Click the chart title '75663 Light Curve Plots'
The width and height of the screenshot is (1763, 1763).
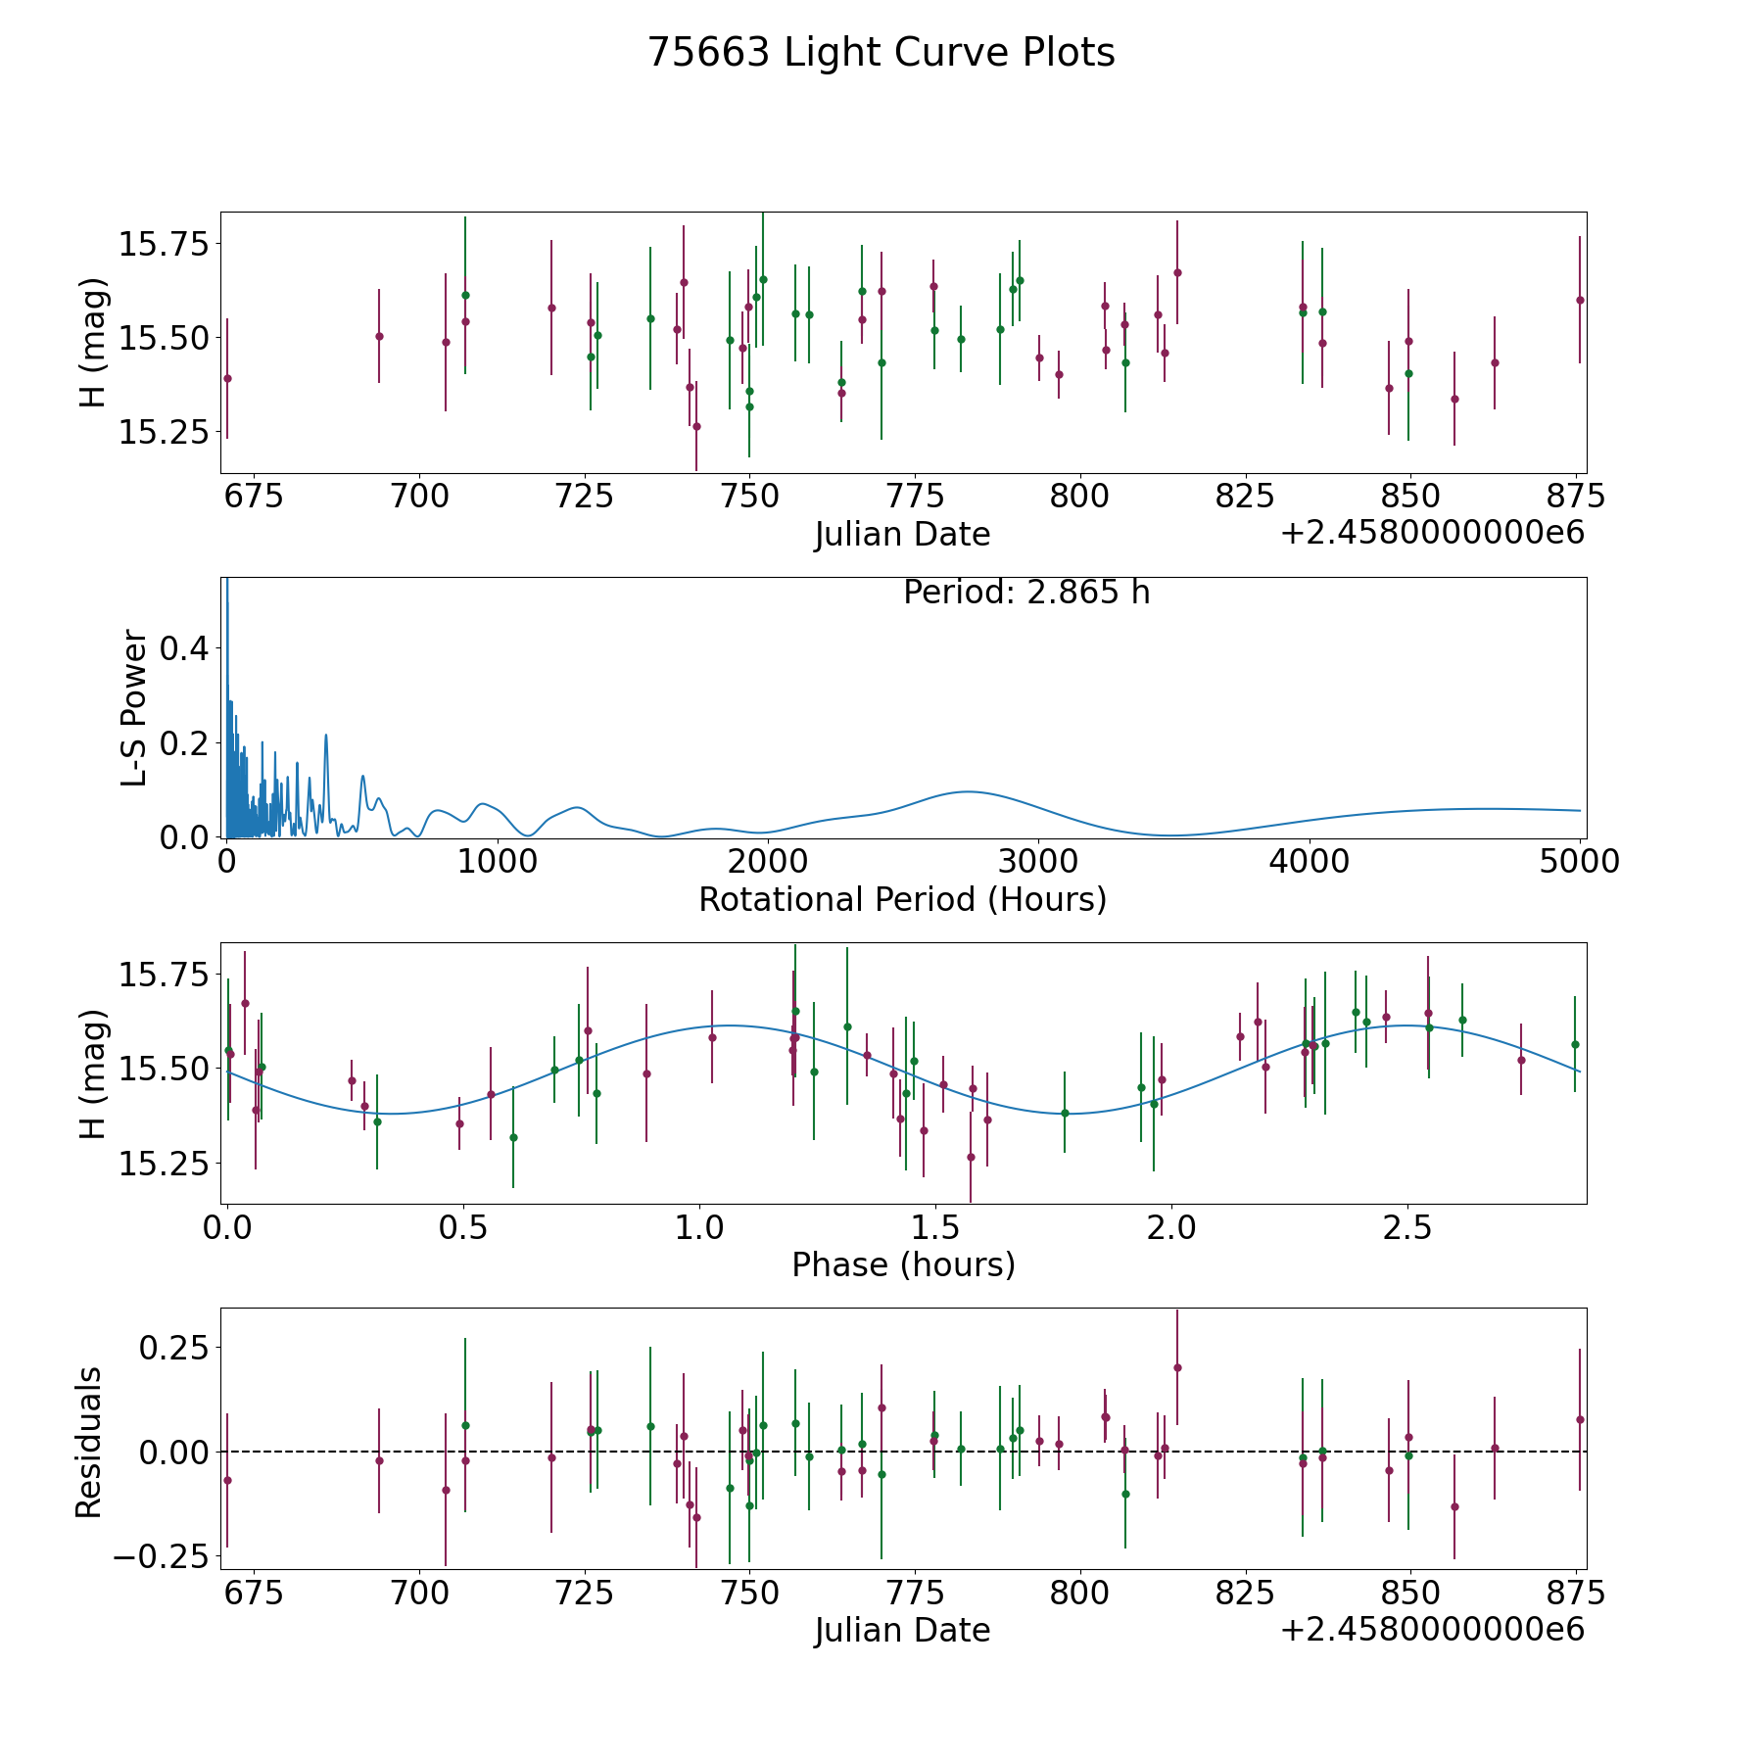[x=881, y=53]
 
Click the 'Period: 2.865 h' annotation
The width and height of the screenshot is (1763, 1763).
[x=1025, y=593]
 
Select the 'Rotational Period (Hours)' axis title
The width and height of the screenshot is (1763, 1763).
[x=902, y=899]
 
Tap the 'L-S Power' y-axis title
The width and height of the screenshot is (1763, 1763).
[x=134, y=708]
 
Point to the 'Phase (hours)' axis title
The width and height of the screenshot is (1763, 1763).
[x=902, y=1264]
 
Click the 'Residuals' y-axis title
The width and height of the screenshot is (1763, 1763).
[x=89, y=1442]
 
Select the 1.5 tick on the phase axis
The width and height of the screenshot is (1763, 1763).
[x=935, y=1227]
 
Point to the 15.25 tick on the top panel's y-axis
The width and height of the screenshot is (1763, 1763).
[x=163, y=432]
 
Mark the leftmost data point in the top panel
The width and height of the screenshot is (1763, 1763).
[x=227, y=378]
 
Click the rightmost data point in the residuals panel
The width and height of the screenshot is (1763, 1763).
[x=1579, y=1419]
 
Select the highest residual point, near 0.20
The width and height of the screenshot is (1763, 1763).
[x=1177, y=1367]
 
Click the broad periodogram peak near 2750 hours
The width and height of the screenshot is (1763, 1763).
[x=967, y=791]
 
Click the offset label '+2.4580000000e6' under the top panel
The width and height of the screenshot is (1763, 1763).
[x=1432, y=534]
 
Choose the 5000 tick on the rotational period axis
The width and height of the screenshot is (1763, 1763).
[x=1579, y=862]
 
